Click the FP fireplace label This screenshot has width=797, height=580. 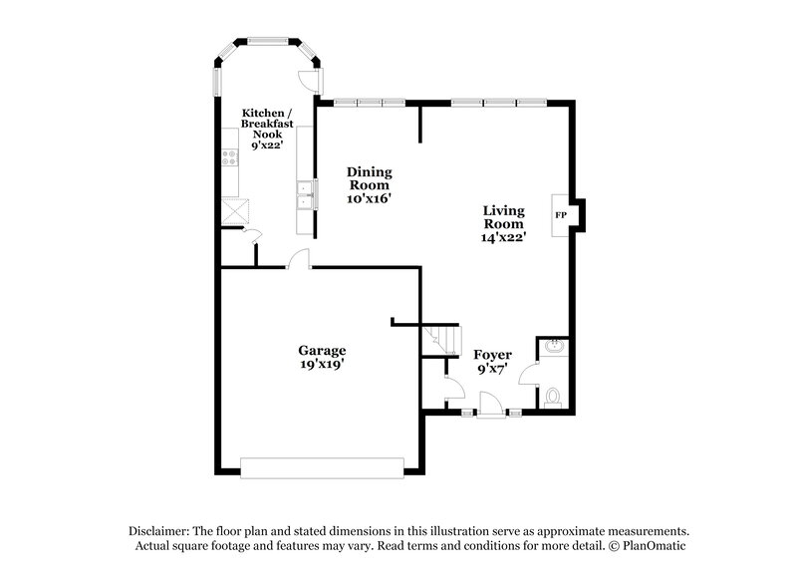[x=559, y=215]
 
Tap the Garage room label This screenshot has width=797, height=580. [x=323, y=350]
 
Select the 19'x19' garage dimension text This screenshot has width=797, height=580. [x=323, y=365]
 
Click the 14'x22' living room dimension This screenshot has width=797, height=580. [x=504, y=237]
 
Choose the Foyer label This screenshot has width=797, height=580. [x=492, y=355]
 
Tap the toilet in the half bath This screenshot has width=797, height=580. [x=553, y=397]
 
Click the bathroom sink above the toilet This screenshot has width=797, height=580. [x=553, y=348]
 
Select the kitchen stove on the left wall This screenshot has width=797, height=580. [x=230, y=156]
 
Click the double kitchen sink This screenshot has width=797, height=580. [x=304, y=195]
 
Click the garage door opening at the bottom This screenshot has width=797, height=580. [x=322, y=464]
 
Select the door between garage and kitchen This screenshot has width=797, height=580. [x=298, y=260]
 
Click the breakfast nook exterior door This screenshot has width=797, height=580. [x=311, y=82]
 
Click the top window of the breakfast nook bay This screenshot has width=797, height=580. [x=267, y=41]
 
